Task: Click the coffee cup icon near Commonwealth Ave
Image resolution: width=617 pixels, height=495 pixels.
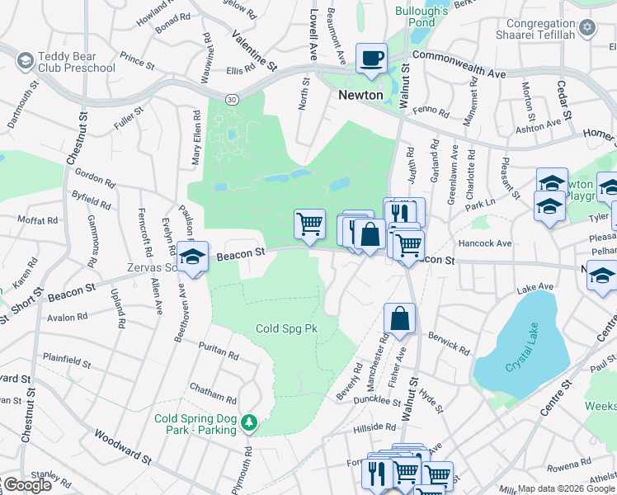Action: pyautogui.click(x=370, y=59)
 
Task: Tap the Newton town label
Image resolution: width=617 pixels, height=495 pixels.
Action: pyautogui.click(x=361, y=95)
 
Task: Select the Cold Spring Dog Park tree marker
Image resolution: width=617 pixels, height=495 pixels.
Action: pyautogui.click(x=248, y=424)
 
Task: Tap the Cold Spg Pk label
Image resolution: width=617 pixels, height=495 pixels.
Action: pyautogui.click(x=286, y=328)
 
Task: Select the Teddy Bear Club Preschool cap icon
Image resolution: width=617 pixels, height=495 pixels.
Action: pyautogui.click(x=26, y=60)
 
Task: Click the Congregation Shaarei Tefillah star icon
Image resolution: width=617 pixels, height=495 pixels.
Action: pyautogui.click(x=587, y=28)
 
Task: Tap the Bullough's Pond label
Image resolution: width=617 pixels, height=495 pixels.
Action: pyautogui.click(x=421, y=16)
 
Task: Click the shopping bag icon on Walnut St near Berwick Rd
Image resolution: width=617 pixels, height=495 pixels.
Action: pyautogui.click(x=399, y=319)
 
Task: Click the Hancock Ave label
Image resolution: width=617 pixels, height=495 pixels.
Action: pyautogui.click(x=485, y=243)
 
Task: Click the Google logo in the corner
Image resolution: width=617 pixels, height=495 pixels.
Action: pyautogui.click(x=27, y=485)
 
